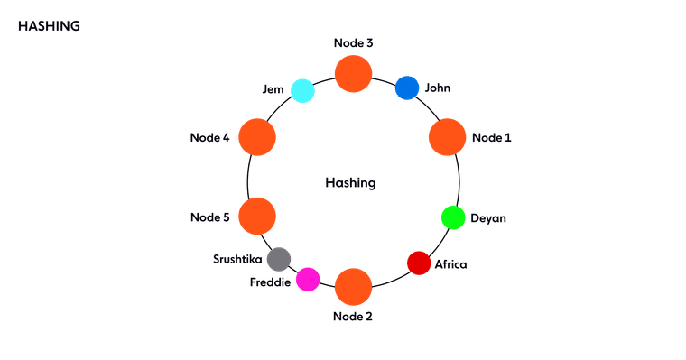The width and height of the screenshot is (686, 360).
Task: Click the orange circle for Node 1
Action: (447, 137)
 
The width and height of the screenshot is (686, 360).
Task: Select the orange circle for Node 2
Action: (353, 286)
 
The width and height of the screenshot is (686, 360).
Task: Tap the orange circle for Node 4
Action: (256, 137)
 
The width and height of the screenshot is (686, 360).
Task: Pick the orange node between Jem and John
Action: (353, 73)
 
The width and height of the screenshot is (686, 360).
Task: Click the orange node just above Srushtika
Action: (256, 217)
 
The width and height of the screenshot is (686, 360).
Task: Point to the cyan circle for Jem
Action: (301, 91)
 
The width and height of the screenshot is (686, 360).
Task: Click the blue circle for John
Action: (407, 88)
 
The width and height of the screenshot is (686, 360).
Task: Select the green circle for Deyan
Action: (452, 217)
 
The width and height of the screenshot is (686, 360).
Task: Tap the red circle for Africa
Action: (419, 263)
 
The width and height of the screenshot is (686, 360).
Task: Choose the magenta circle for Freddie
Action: (308, 280)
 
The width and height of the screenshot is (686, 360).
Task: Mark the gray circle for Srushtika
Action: (279, 259)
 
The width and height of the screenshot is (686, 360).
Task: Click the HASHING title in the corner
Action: (49, 26)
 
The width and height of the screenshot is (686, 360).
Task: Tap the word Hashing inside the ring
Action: (350, 183)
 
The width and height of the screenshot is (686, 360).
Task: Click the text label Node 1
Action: (492, 137)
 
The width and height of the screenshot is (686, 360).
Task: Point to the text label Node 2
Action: (352, 316)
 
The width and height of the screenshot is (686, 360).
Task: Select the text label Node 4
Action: (210, 137)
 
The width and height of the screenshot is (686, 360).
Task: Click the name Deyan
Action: (488, 218)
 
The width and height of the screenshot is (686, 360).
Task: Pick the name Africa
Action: (451, 264)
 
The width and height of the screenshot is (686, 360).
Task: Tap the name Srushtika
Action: (237, 259)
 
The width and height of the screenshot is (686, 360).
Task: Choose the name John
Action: (438, 88)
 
